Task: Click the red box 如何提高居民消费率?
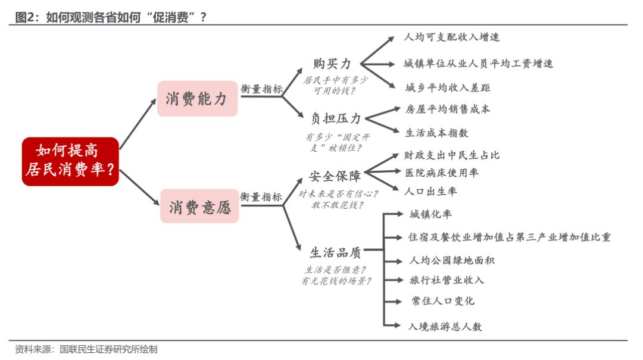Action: point(70,161)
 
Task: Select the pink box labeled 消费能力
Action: point(197,99)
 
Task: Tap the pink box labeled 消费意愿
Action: point(199,206)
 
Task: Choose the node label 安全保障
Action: point(335,176)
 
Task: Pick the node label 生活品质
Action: point(335,252)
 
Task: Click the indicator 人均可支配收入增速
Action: point(451,37)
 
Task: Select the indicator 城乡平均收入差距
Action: point(448,87)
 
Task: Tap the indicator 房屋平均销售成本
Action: point(448,109)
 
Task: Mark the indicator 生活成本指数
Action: point(436,133)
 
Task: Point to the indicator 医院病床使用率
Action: point(442,173)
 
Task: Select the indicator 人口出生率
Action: point(430,191)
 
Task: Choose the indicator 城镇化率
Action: point(430,214)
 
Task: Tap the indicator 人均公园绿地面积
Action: point(452,261)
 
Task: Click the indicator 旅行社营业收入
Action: point(447,280)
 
